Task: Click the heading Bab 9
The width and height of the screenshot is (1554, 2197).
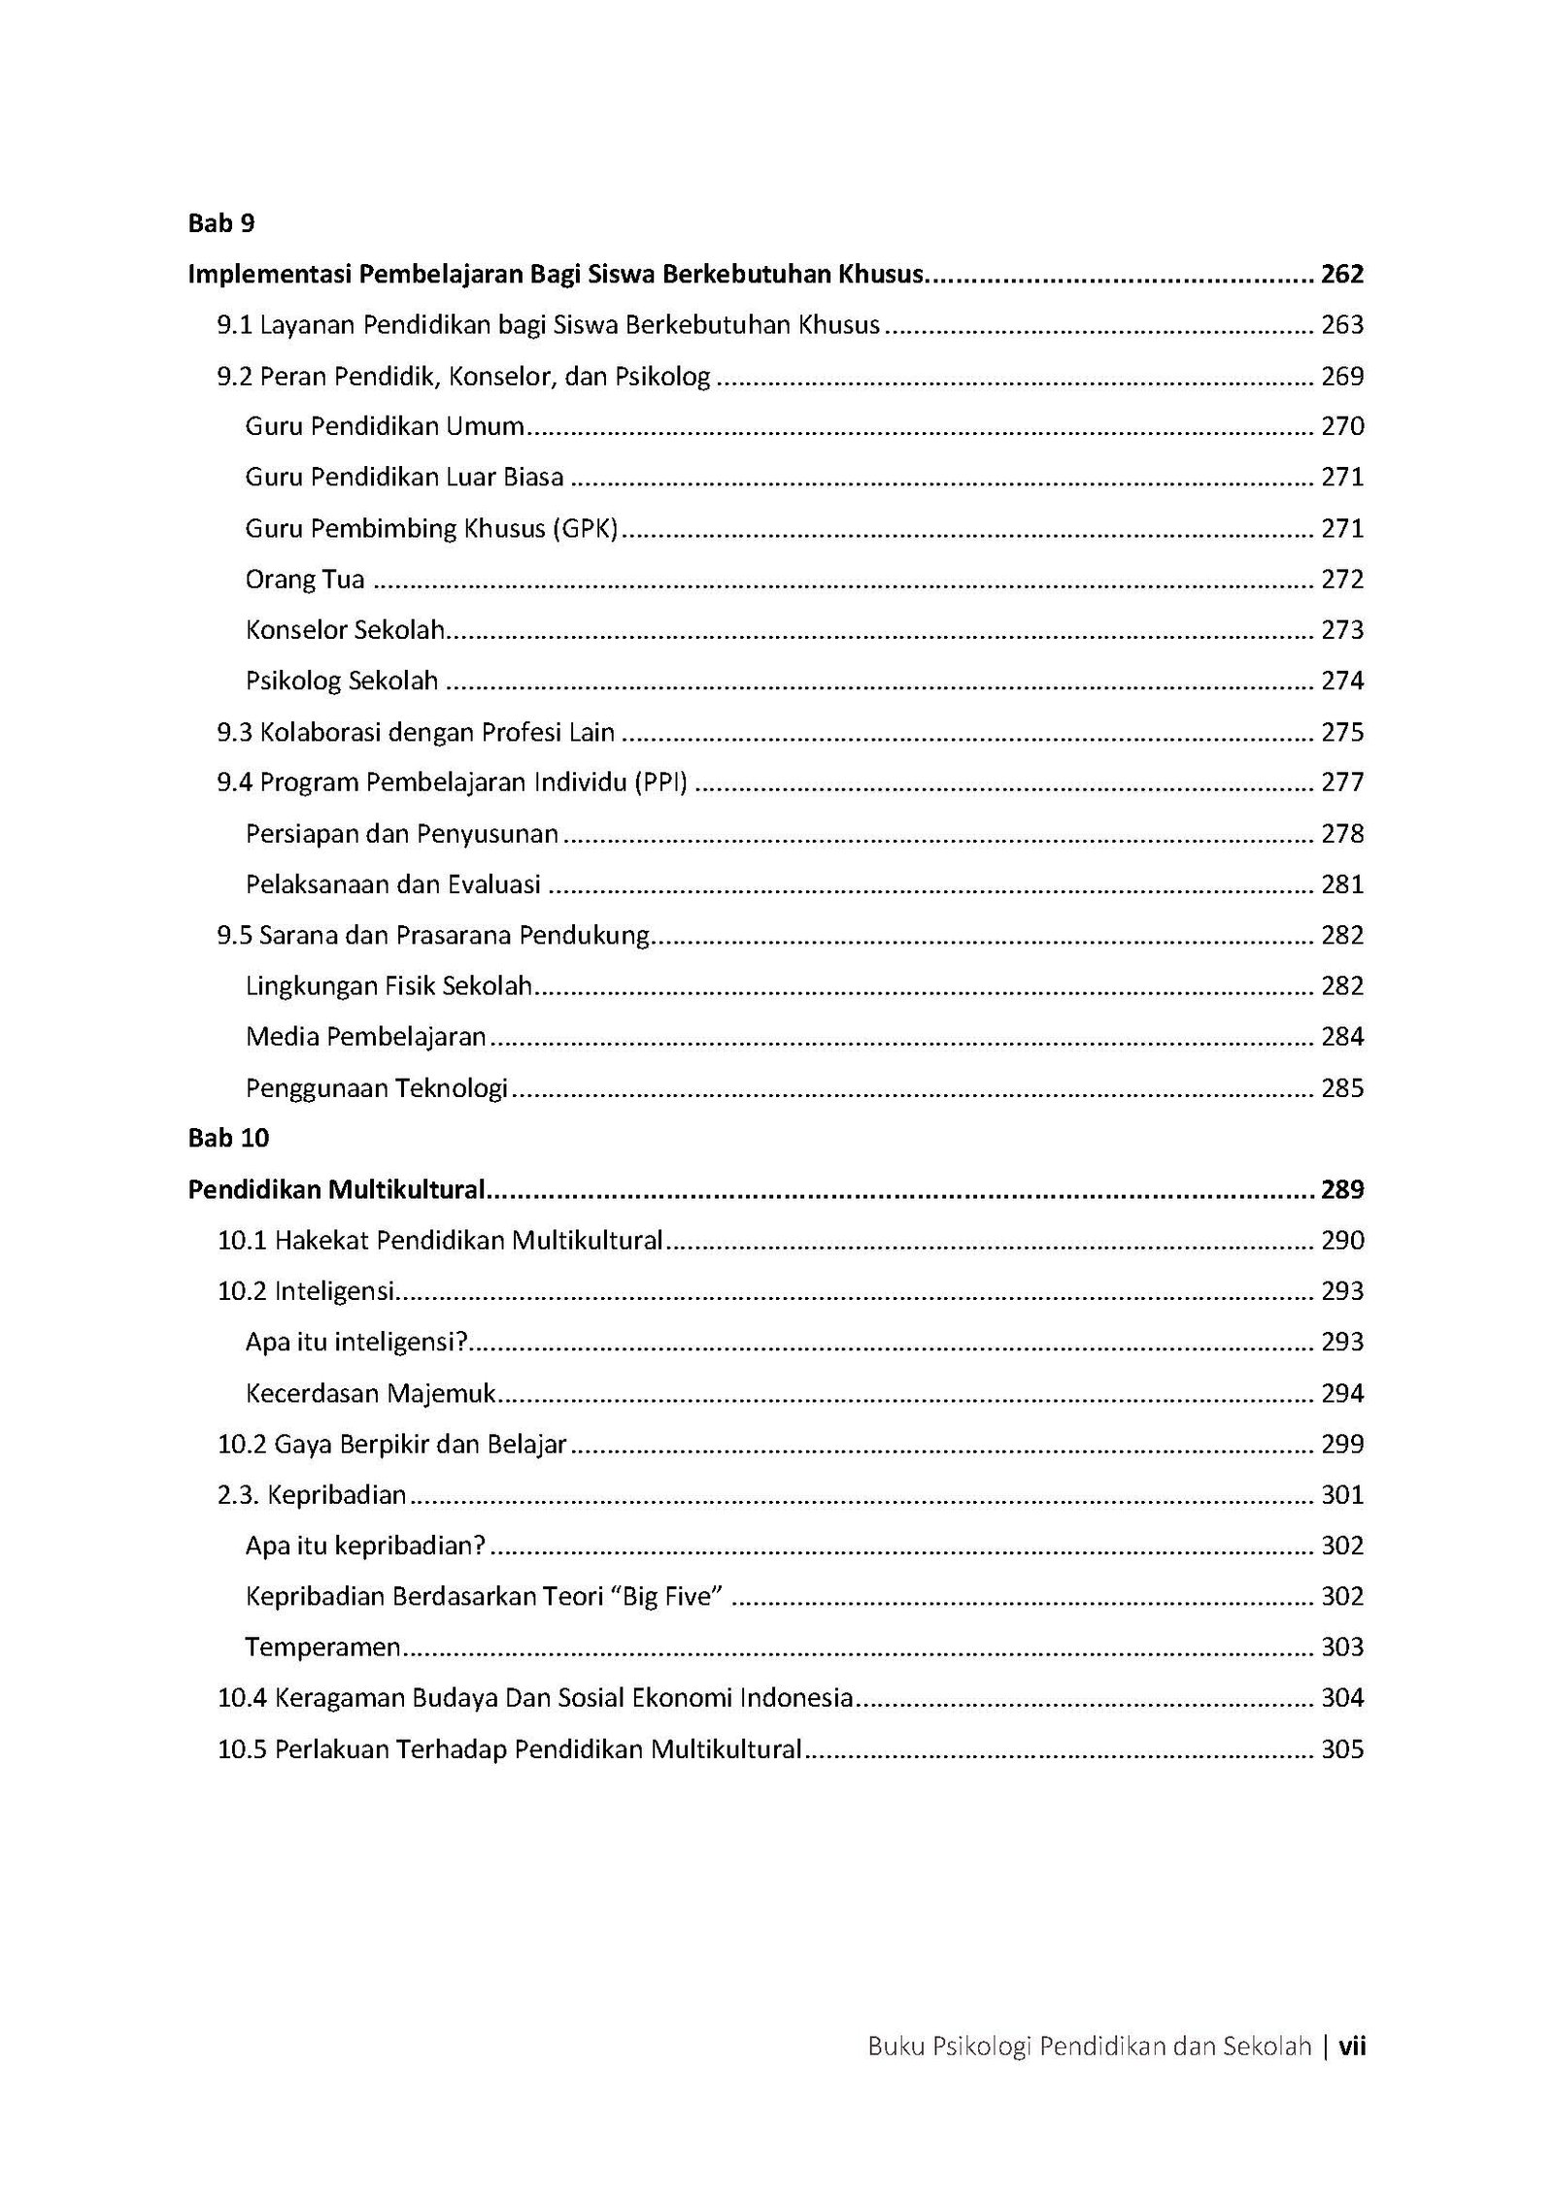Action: [221, 223]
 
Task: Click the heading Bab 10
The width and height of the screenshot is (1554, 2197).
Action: [228, 1138]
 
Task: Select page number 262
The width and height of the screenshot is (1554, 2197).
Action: [1342, 274]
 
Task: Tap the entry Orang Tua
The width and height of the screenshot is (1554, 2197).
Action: [305, 580]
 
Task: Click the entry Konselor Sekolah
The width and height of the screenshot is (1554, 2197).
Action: [345, 630]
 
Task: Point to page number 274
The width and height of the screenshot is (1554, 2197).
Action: [1342, 681]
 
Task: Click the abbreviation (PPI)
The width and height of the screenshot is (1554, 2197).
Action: [660, 782]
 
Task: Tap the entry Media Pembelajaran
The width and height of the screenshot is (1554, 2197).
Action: [365, 1037]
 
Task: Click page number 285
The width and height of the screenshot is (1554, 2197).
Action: [1342, 1088]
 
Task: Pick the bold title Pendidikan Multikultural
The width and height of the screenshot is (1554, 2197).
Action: [336, 1189]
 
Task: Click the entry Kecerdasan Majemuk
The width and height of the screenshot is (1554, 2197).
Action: [370, 1394]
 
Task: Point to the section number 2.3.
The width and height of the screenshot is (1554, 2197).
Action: [238, 1495]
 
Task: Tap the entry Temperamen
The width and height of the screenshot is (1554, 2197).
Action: [322, 1648]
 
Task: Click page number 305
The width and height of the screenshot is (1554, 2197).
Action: [1342, 1749]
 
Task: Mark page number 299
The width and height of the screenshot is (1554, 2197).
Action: [1342, 1445]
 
